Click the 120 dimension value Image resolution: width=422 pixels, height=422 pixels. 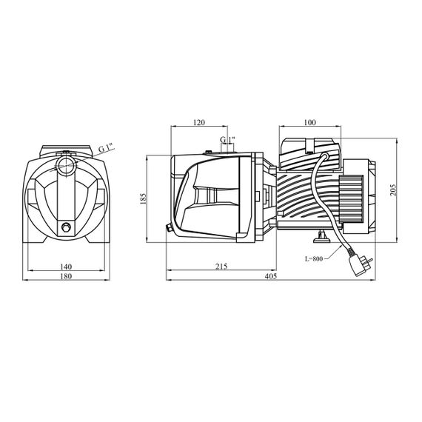click(199, 122)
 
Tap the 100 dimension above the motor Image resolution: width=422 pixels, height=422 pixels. click(309, 122)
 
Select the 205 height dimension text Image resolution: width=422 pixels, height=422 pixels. click(393, 190)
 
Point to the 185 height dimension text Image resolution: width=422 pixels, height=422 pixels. click(144, 198)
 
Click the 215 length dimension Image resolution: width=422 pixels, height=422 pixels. click(221, 267)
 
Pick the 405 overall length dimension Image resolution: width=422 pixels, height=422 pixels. click(271, 276)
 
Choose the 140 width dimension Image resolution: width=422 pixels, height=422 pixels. click(66, 267)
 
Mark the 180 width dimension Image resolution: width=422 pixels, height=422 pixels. click(66, 276)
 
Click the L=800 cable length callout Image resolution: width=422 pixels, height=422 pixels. click(314, 259)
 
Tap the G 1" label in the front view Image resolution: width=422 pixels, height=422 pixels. click(107, 148)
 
